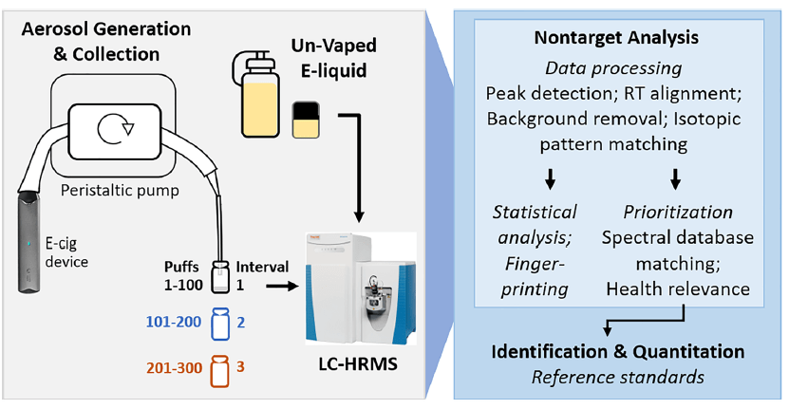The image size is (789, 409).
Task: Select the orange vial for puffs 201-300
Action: [220, 370]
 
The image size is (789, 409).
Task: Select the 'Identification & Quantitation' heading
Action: [617, 352]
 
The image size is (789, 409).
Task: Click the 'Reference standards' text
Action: [617, 378]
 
